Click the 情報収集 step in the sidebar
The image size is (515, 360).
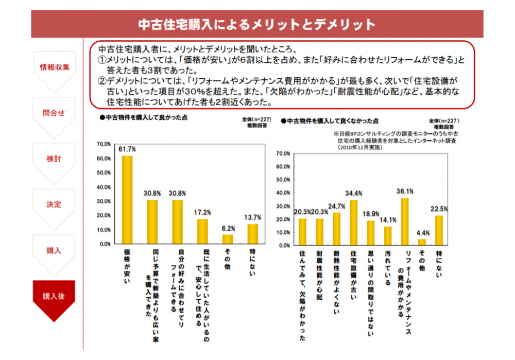pyautogui.click(x=54, y=67)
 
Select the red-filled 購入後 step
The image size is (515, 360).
pyautogui.click(x=54, y=297)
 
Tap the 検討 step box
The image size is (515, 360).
pyautogui.click(x=54, y=159)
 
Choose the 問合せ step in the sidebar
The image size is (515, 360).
pyautogui.click(x=54, y=113)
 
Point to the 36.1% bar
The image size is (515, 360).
pyautogui.click(x=405, y=221)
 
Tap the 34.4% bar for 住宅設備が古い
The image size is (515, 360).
pyautogui.click(x=354, y=222)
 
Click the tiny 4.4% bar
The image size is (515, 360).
pyautogui.click(x=422, y=242)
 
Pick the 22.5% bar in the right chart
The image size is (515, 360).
pyautogui.click(x=439, y=230)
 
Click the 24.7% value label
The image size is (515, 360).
pyautogui.click(x=337, y=207)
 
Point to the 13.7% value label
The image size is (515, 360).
pyautogui.click(x=253, y=218)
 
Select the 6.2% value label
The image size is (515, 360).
pyautogui.click(x=228, y=228)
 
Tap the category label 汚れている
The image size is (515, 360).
pyautogui.click(x=388, y=265)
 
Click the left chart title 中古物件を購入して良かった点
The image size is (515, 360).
pyautogui.click(x=146, y=117)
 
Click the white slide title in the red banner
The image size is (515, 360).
pyautogui.click(x=257, y=24)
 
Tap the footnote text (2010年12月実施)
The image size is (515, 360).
pyautogui.click(x=360, y=147)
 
